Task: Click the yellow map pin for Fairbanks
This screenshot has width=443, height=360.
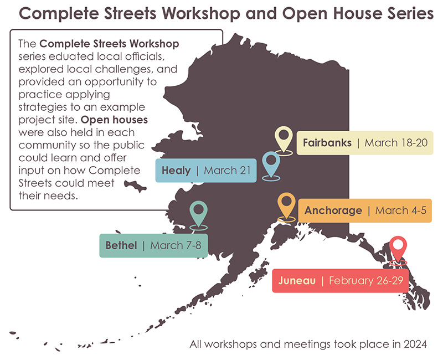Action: tap(284, 137)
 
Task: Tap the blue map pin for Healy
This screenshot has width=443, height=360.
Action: tap(271, 162)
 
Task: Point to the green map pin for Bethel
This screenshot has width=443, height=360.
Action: tap(198, 212)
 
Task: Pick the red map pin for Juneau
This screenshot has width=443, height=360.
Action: tap(398, 246)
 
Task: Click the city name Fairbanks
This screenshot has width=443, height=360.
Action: tap(327, 143)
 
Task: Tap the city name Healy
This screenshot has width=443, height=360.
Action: tap(176, 170)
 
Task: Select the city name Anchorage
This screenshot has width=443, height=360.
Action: tap(333, 210)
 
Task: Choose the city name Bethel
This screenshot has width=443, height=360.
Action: tap(121, 245)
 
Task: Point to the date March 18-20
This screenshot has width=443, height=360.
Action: tap(396, 143)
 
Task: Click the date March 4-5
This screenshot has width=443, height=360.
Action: tap(400, 210)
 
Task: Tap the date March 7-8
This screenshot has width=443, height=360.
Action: tap(175, 245)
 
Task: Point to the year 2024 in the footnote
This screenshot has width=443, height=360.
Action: tap(415, 344)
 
